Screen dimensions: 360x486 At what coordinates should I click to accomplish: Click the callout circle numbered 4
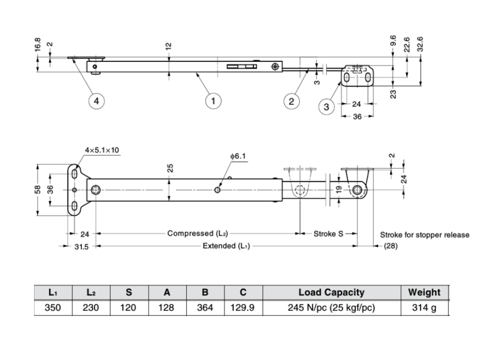(x=97, y=101)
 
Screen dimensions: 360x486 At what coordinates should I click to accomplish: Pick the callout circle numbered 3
(x=326, y=107)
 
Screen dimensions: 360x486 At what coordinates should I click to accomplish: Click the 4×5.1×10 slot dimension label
(x=102, y=150)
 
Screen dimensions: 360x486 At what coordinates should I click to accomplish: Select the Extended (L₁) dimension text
(x=226, y=246)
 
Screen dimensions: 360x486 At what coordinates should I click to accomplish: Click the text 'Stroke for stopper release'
(x=424, y=235)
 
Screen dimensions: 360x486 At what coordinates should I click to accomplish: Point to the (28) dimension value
(x=390, y=246)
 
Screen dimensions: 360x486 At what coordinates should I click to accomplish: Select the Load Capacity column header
(x=331, y=293)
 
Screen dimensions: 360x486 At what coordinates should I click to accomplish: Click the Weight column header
(x=424, y=293)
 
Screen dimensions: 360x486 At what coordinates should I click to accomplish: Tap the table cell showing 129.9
(x=243, y=308)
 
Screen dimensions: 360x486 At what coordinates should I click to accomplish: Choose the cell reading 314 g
(x=424, y=308)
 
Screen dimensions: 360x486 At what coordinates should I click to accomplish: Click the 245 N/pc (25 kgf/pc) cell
(x=331, y=308)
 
